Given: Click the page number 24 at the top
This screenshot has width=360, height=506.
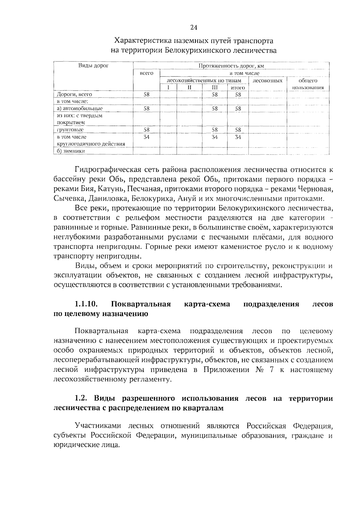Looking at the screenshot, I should click(193, 28).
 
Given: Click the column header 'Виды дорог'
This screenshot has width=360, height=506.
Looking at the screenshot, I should click(93, 65).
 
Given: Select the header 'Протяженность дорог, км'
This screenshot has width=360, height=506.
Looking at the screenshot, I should click(231, 66).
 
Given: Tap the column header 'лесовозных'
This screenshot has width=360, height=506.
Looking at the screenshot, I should click(268, 81).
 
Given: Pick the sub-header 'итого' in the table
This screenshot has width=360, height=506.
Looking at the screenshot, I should click(238, 88).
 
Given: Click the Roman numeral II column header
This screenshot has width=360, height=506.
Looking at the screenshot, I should click(189, 88).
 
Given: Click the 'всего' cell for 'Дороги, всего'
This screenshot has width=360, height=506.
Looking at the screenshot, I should click(146, 94).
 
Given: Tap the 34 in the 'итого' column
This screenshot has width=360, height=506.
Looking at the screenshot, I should click(238, 137).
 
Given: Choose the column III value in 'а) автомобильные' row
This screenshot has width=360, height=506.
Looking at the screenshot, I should click(214, 109).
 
